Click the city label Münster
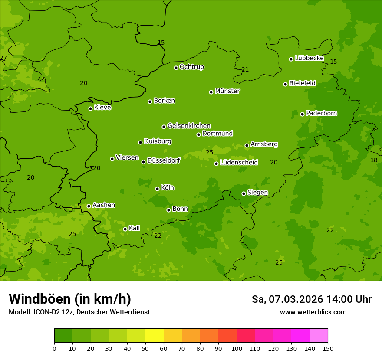227,91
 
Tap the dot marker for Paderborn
303,114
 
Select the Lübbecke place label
309,58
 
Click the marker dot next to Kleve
90,108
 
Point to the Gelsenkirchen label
189,126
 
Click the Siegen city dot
244,193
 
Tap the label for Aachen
104,205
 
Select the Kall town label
135,228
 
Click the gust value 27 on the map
3,58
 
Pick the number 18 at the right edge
374,160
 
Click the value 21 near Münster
245,70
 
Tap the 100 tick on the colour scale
237,348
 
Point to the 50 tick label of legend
145,348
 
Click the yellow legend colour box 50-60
155,336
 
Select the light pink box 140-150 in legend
319,336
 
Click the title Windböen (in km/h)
70,299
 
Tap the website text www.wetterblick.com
313,312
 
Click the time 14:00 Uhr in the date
349,299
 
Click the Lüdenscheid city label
239,163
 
